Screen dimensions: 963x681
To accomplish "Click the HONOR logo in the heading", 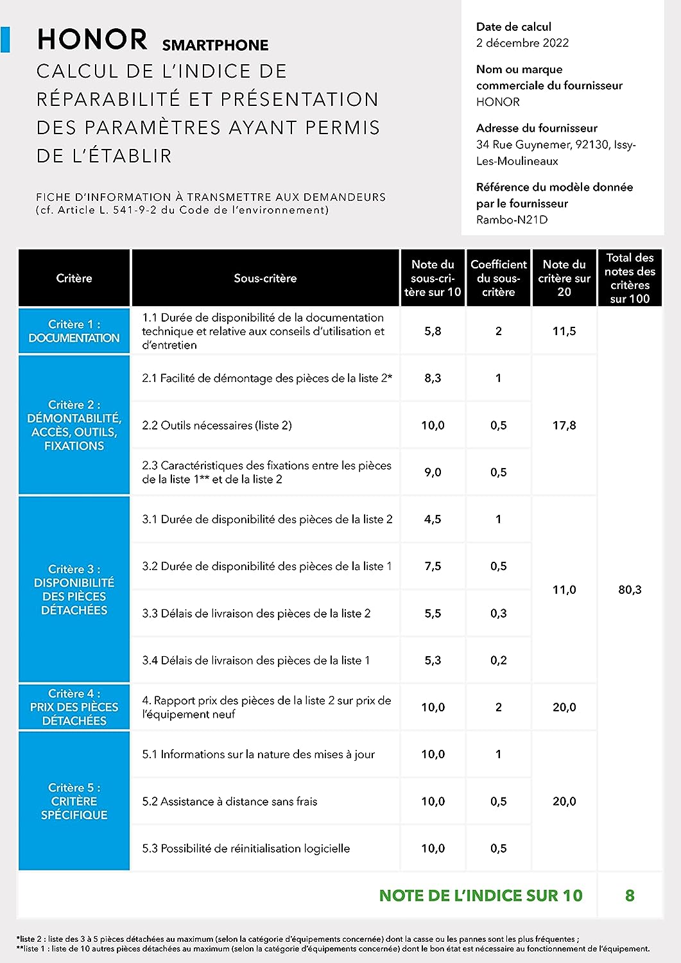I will tap(92, 40).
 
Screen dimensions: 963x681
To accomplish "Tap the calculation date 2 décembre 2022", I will tap(522, 43).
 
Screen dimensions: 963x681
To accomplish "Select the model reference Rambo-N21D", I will tap(512, 220).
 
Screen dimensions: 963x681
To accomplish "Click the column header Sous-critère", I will tap(265, 278).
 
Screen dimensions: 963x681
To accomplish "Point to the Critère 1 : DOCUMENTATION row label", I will tap(74, 331).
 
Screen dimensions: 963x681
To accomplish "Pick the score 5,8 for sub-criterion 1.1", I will tap(433, 331).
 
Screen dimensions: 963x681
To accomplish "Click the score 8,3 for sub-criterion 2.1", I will tap(433, 378).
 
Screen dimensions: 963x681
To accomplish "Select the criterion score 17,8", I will tap(564, 425).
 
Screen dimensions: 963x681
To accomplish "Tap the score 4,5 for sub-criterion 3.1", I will tap(433, 519).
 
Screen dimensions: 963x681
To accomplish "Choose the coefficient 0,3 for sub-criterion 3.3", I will tap(498, 613).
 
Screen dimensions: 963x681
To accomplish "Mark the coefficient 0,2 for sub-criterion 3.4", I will tap(498, 660).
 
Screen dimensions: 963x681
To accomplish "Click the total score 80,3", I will tap(630, 589).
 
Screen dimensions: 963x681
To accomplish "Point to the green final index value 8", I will tap(630, 896).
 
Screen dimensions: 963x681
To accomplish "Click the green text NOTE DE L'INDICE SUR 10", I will tap(481, 896).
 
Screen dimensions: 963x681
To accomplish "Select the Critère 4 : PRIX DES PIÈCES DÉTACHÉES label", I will tap(74, 707).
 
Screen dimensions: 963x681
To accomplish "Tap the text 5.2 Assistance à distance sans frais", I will tap(230, 801).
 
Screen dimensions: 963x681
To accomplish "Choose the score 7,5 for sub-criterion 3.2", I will tap(433, 566).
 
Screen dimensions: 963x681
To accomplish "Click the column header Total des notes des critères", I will tap(630, 278).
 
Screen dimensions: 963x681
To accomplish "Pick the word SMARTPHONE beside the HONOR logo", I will tap(215, 45).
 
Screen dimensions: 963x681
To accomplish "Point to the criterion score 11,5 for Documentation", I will tap(564, 331).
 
